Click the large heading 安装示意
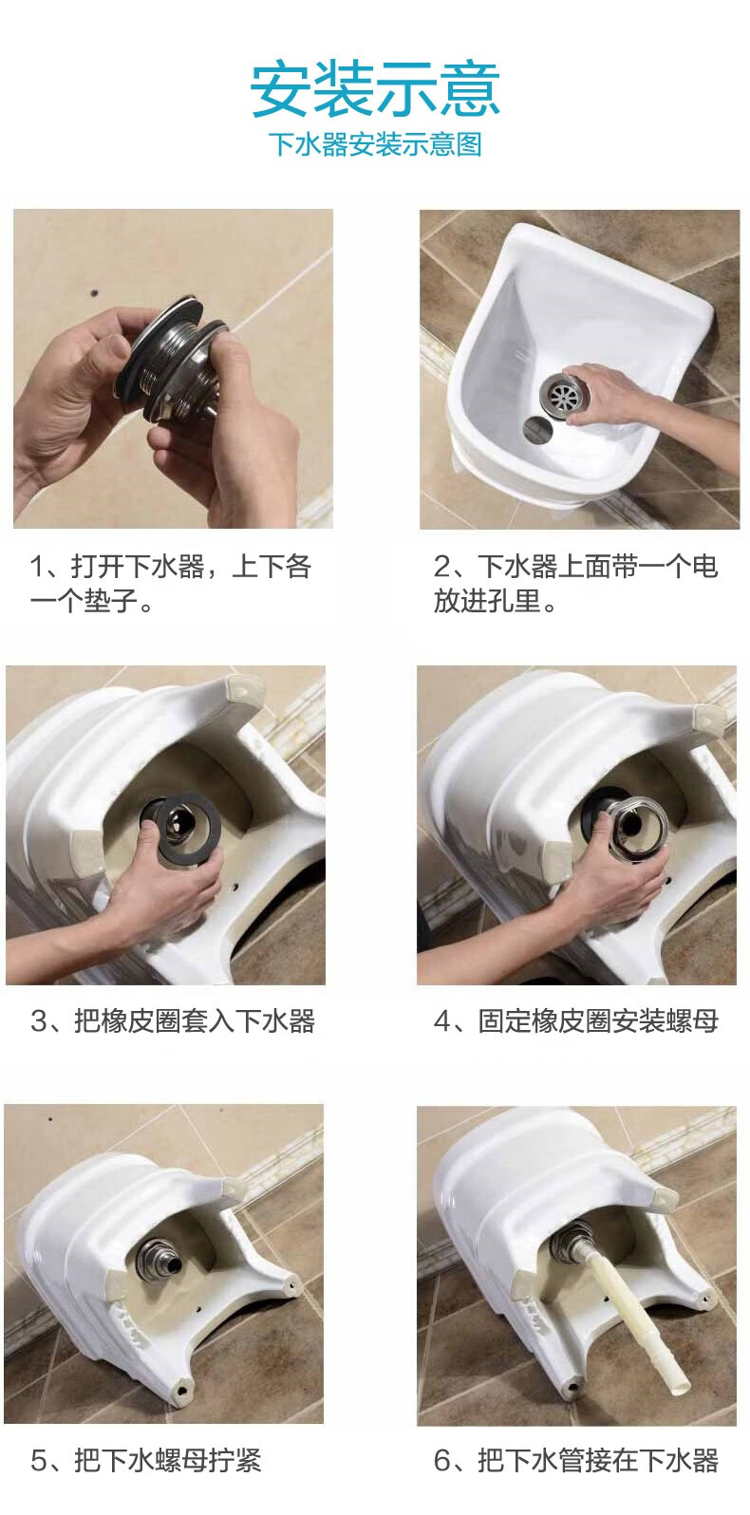point(375,89)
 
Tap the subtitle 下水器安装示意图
point(375,144)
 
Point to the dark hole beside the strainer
point(537,429)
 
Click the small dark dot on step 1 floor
point(93,293)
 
